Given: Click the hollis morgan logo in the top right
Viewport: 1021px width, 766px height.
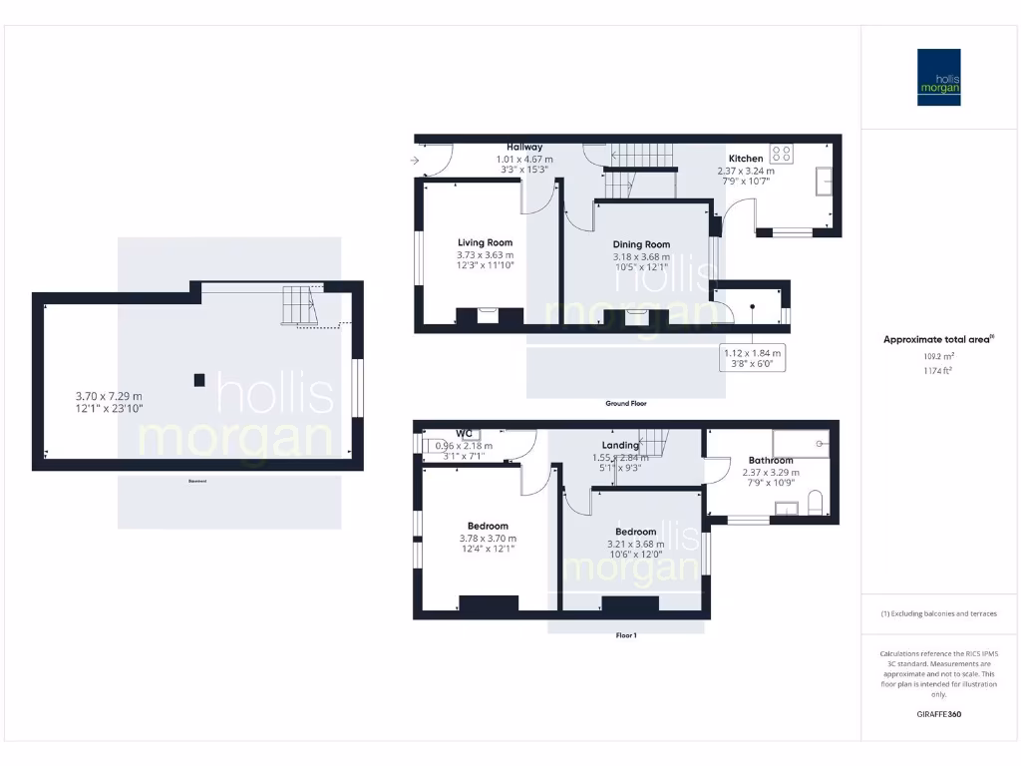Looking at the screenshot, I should click(x=939, y=77).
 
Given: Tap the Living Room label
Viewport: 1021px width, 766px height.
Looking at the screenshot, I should click(x=485, y=242).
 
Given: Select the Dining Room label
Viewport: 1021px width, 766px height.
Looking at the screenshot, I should click(x=641, y=244).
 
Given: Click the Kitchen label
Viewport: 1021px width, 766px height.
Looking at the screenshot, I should click(x=746, y=159).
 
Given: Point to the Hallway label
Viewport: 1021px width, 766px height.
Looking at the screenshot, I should click(x=524, y=148).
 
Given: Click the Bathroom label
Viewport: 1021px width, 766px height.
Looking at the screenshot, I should click(x=771, y=461).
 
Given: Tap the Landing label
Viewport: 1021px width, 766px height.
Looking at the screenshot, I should click(x=620, y=446).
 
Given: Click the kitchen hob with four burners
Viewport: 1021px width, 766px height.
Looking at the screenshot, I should click(x=782, y=154).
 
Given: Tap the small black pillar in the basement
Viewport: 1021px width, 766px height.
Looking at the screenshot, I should click(x=199, y=379).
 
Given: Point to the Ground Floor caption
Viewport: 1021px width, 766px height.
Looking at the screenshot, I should click(x=626, y=404).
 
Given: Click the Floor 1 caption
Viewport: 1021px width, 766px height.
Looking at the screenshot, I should click(x=626, y=635).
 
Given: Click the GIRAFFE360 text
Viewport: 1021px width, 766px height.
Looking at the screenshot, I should click(x=938, y=714).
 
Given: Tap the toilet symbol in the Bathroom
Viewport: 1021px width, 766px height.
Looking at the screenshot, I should click(x=814, y=502).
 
